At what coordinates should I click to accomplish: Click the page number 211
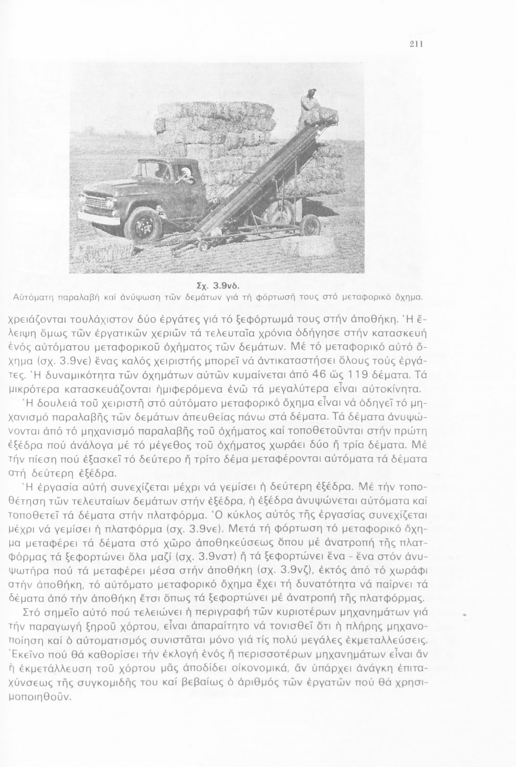click(x=415, y=44)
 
